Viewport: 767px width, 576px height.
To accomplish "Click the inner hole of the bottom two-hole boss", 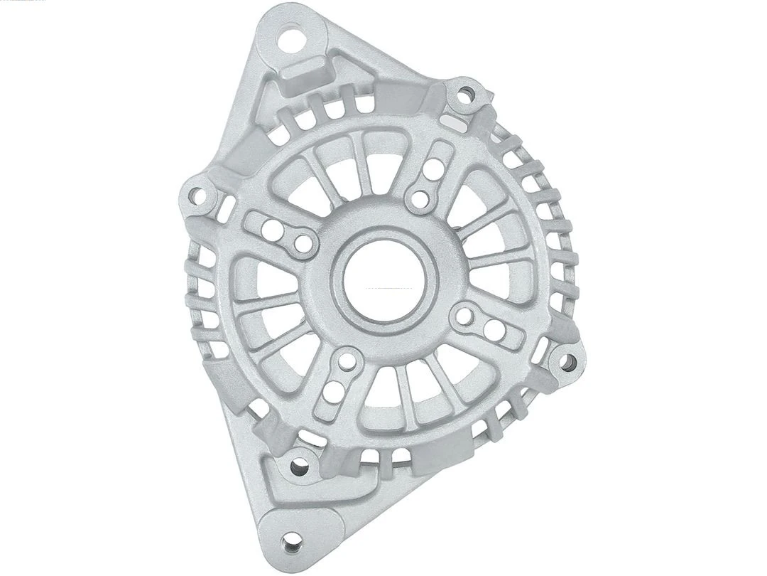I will pyautogui.click(x=347, y=361).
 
